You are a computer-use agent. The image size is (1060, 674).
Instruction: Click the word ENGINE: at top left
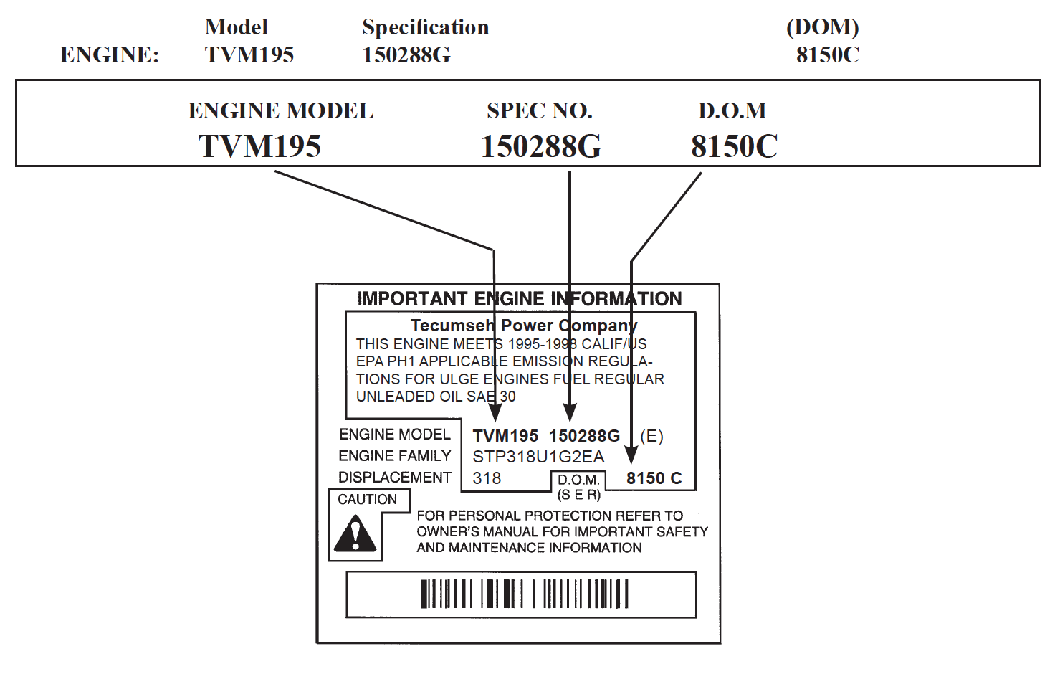coord(109,55)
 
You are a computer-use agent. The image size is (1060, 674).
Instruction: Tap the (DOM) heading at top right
coord(822,27)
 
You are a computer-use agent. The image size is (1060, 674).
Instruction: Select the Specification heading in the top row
coord(425,27)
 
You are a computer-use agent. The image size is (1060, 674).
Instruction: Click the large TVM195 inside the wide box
coord(259,146)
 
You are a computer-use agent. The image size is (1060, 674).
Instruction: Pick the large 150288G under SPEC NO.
coord(541,146)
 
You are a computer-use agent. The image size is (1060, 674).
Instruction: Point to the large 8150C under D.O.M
coord(734,146)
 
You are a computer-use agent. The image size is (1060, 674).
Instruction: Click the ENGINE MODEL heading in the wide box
coord(280,111)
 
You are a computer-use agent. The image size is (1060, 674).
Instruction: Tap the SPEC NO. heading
coord(539,111)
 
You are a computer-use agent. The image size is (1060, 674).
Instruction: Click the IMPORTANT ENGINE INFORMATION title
coord(520,299)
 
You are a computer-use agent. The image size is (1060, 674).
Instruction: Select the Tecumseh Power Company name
coord(523,326)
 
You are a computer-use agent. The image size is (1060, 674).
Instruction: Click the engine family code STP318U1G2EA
coord(538,457)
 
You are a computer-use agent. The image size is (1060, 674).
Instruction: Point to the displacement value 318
coord(487,478)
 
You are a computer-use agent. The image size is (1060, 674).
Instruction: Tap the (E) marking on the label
coord(651,436)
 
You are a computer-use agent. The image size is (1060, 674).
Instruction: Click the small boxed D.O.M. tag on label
coord(578,480)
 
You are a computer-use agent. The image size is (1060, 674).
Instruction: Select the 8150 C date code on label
coord(654,478)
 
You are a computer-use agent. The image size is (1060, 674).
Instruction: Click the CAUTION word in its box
coord(367,500)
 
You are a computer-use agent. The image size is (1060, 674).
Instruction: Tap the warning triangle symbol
coord(355,534)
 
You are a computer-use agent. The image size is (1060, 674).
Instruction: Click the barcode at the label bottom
coord(524,594)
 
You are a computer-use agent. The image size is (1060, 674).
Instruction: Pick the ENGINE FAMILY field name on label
coord(394,456)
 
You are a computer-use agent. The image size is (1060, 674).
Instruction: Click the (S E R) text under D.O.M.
coord(578,495)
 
